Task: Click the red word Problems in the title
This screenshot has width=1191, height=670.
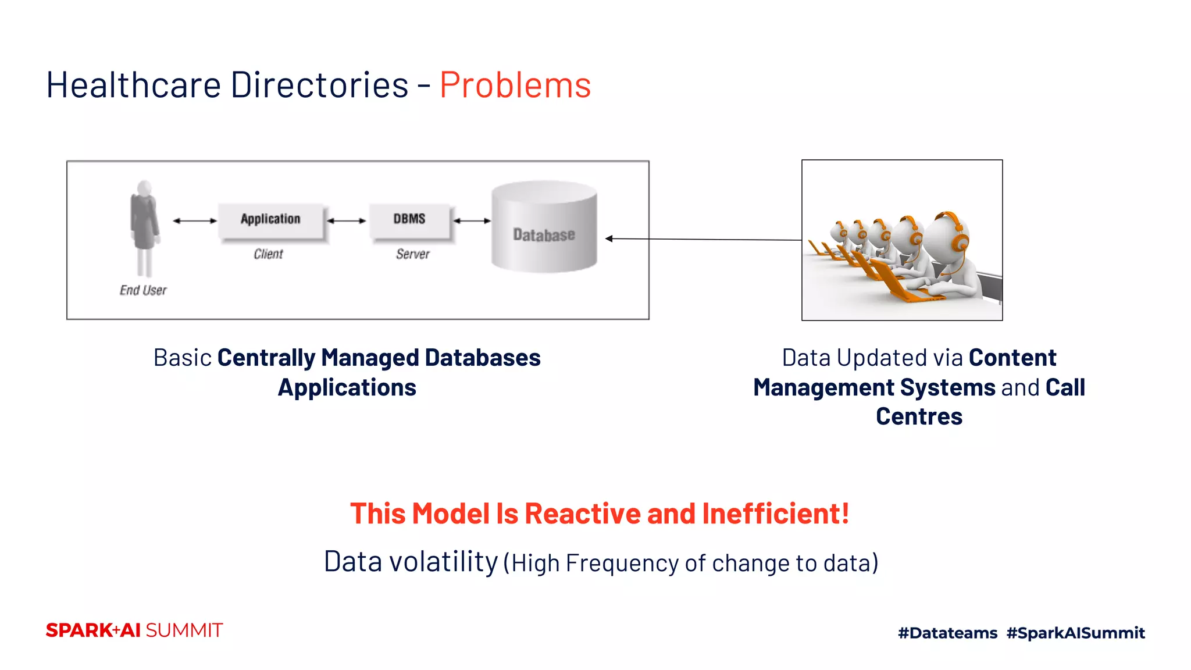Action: pyautogui.click(x=515, y=85)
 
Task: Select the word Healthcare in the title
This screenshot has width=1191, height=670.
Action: pyautogui.click(x=133, y=85)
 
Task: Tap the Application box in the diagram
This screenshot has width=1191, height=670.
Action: pyautogui.click(x=270, y=220)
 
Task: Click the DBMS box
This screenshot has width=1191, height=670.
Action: pyautogui.click(x=409, y=220)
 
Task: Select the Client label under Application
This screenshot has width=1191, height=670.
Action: pyautogui.click(x=268, y=254)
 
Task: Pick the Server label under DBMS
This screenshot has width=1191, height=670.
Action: pyautogui.click(x=412, y=254)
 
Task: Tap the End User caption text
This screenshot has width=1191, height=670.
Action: pyautogui.click(x=143, y=290)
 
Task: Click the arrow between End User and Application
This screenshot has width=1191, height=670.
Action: pyautogui.click(x=195, y=221)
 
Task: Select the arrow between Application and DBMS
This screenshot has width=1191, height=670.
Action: pyautogui.click(x=347, y=221)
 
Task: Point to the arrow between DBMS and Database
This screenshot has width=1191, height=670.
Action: pyautogui.click(x=472, y=221)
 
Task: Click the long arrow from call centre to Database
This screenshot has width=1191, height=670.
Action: pyautogui.click(x=704, y=239)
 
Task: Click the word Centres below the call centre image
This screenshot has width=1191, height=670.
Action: pyautogui.click(x=919, y=417)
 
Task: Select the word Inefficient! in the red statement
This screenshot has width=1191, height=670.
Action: pyautogui.click(x=775, y=514)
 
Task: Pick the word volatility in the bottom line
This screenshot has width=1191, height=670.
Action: pyautogui.click(x=443, y=562)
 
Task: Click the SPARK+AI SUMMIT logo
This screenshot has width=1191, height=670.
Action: pyautogui.click(x=134, y=630)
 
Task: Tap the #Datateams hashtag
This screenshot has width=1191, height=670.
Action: pyautogui.click(x=947, y=633)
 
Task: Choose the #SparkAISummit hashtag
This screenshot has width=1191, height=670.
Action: pyautogui.click(x=1075, y=633)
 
